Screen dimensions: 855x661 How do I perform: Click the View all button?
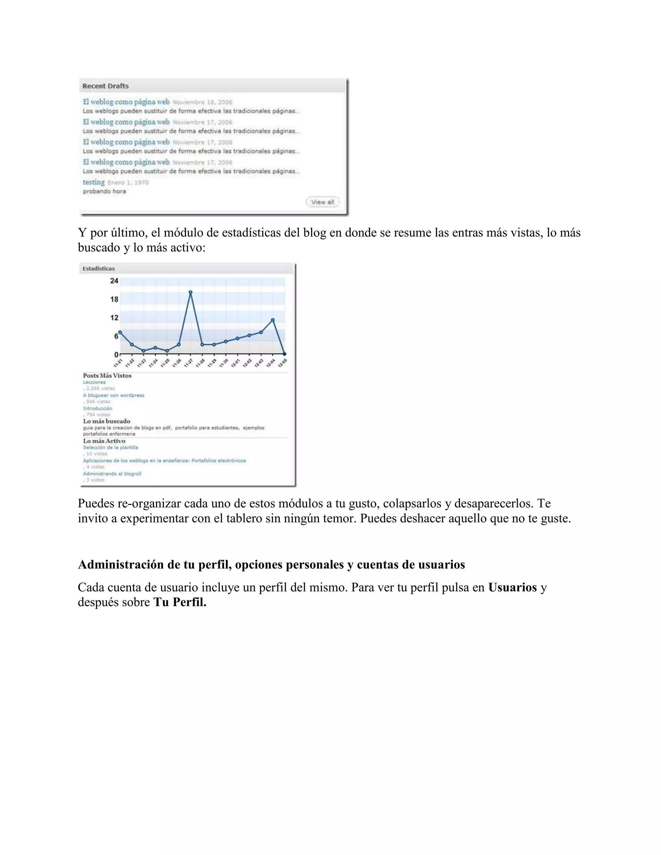click(322, 202)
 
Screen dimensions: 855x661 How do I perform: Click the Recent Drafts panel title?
click(105, 86)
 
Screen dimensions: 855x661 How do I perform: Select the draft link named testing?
click(94, 182)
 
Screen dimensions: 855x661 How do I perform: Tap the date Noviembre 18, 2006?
click(202, 102)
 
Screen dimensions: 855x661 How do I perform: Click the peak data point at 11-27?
click(190, 292)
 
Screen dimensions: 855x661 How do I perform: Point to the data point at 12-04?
click(272, 320)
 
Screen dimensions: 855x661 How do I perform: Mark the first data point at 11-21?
click(120, 332)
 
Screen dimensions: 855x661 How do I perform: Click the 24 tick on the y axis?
click(114, 281)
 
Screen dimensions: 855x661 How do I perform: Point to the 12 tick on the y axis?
click(114, 317)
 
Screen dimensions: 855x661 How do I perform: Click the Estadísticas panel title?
click(99, 268)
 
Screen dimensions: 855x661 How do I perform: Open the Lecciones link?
click(94, 382)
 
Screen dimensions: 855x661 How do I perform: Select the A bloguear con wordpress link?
click(114, 396)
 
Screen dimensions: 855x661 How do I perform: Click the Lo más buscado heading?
click(107, 421)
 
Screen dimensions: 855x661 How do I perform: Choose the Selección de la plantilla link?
click(110, 448)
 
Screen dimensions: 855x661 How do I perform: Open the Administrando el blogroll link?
click(112, 474)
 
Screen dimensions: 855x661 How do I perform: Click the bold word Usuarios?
click(512, 588)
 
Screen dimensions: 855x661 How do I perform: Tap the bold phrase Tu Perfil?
click(180, 602)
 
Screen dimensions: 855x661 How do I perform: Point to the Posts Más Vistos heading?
click(107, 376)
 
